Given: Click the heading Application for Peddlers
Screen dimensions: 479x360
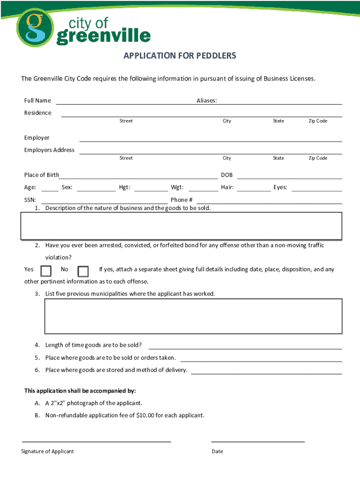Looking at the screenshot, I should click(180, 56).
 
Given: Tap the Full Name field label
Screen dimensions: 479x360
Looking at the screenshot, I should click(37, 101).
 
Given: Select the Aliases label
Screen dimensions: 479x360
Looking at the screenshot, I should click(206, 101).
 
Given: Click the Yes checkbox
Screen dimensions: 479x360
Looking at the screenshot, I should click(46, 271).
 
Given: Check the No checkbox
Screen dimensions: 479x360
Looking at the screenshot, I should click(83, 271).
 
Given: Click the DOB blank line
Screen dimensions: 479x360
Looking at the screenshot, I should click(289, 178).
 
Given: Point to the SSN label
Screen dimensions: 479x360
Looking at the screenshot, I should click(30, 200).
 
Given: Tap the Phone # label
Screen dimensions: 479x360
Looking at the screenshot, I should click(181, 200).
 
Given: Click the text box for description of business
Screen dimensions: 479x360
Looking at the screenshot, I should click(181, 226).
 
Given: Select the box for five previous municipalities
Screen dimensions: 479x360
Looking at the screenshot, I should click(193, 316).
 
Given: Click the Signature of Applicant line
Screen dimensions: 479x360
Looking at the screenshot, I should click(96, 441).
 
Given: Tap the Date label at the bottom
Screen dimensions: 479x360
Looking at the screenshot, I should click(217, 451).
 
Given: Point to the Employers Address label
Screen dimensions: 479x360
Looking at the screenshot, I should click(49, 150).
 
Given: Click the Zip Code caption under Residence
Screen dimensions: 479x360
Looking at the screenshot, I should click(317, 121).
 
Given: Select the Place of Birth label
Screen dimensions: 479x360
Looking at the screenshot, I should click(42, 175).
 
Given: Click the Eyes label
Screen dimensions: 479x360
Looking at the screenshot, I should click(280, 188).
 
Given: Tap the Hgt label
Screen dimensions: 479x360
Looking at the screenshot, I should click(124, 188).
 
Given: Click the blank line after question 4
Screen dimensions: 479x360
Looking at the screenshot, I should click(245, 348).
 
